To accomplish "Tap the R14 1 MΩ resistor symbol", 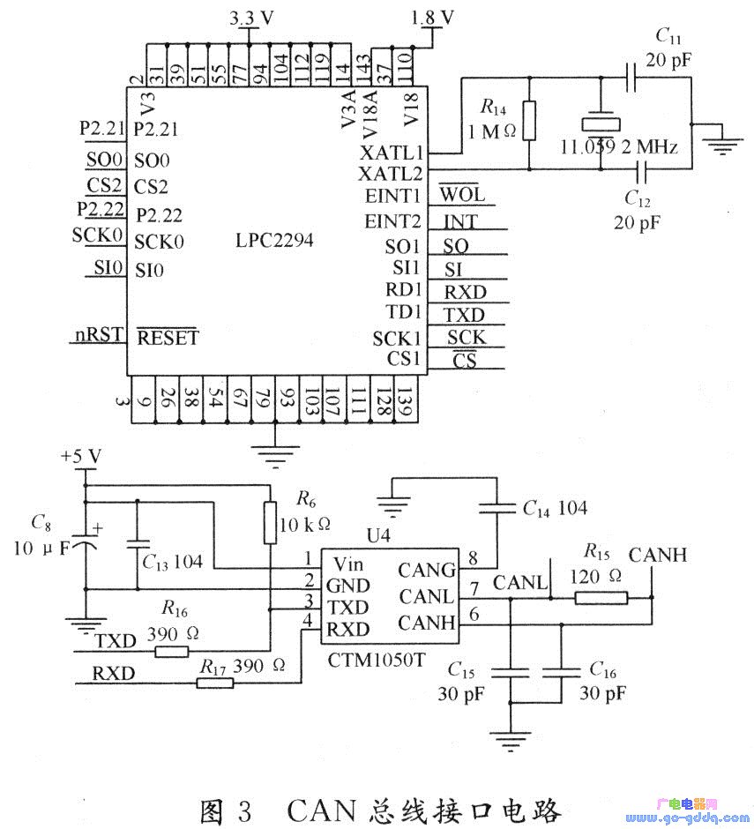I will click(528, 122).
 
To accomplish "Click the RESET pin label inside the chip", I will click(167, 337).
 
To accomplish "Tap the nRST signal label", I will click(98, 335).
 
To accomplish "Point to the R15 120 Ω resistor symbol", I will click(601, 598).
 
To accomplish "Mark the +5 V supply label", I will click(80, 456).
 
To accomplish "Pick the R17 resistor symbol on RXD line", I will click(214, 682).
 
